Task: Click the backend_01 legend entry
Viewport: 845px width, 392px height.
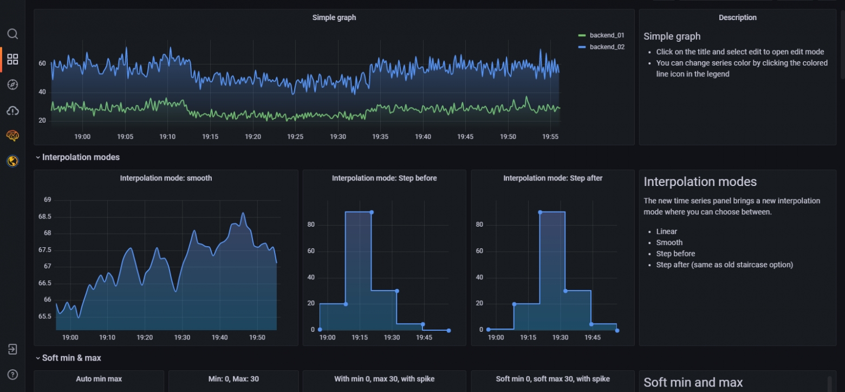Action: coord(601,35)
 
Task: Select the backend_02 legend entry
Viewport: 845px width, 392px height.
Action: coord(601,47)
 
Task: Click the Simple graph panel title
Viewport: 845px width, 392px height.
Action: coord(334,17)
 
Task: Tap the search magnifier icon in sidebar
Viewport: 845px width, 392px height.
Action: coord(12,34)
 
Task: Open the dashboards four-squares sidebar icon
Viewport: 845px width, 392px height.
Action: coord(12,59)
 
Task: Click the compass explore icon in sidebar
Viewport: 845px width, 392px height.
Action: coord(12,85)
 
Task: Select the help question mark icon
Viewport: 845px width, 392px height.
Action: coord(12,375)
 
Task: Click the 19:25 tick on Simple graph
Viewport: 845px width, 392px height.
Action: coord(295,137)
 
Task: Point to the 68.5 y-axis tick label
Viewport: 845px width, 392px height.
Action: coord(45,216)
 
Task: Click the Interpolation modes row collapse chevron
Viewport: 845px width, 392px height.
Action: coord(38,157)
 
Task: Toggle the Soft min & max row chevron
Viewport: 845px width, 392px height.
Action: coord(38,358)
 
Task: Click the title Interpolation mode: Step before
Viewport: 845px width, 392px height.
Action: coord(384,178)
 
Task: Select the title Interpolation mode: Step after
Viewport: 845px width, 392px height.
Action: coord(552,178)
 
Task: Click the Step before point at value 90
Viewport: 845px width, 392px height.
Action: coord(372,212)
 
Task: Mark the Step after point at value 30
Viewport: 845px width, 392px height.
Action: coord(565,291)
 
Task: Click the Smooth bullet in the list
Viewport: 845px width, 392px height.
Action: coord(669,242)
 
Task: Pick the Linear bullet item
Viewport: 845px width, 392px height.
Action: coord(666,232)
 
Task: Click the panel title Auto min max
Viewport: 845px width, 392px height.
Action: coord(99,379)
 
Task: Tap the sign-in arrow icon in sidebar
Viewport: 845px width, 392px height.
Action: coord(12,349)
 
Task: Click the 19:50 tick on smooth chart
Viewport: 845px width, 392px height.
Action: coord(257,338)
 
